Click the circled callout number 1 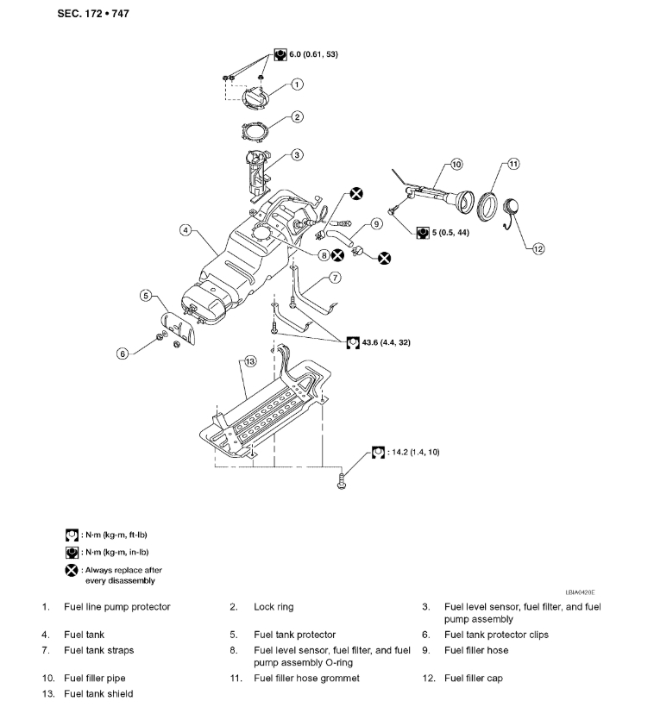(x=297, y=84)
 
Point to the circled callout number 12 (x=538, y=249)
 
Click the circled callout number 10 (x=456, y=163)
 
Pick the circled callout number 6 (x=123, y=353)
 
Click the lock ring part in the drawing (x=259, y=132)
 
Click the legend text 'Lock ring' (x=274, y=607)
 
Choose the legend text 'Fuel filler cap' (x=473, y=679)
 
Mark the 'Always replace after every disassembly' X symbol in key (x=72, y=570)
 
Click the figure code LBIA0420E (x=580, y=593)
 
